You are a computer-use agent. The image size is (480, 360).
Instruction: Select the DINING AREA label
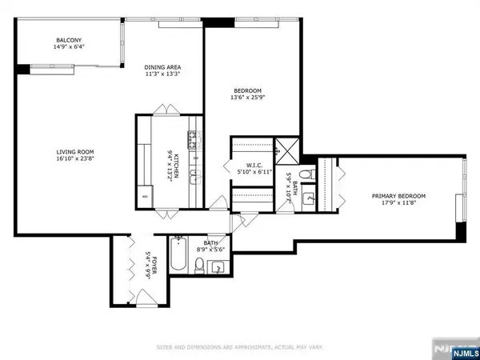click(x=162, y=67)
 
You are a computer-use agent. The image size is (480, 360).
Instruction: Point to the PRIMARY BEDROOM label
click(x=398, y=196)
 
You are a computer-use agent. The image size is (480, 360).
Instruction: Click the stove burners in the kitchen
click(x=193, y=142)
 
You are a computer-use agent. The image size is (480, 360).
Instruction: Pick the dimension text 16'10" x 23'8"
click(x=75, y=158)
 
